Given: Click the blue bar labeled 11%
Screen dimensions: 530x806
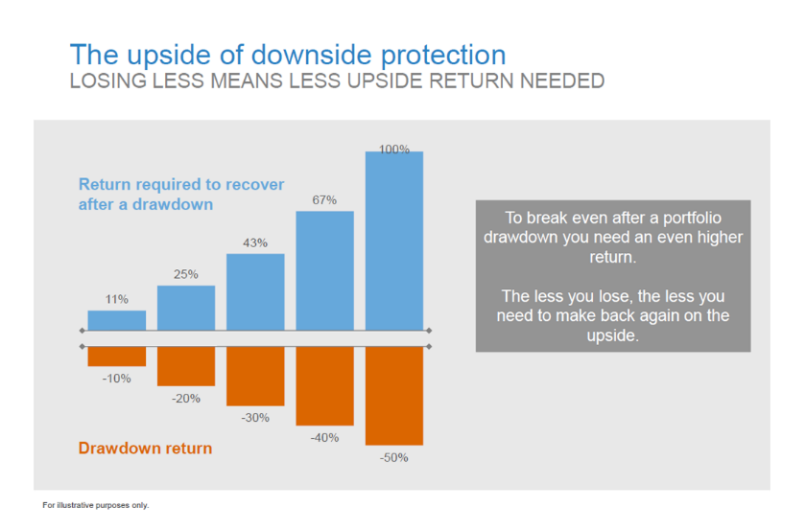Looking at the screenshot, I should tap(117, 320).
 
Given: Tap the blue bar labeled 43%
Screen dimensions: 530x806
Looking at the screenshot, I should tap(255, 291).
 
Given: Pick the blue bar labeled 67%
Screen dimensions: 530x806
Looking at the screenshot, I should tap(324, 270).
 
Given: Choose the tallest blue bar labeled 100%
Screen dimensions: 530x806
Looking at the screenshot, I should tap(393, 241).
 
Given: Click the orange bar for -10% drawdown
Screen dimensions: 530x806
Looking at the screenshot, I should tap(117, 356).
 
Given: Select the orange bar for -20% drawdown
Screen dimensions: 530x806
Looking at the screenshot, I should tap(186, 365).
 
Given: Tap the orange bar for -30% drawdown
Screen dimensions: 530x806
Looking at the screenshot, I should tap(255, 376).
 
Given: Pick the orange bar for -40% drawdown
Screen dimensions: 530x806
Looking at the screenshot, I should tap(324, 385).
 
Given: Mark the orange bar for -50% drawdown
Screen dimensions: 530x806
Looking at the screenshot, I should tap(393, 395).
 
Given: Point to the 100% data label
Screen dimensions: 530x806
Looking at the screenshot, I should tap(393, 150).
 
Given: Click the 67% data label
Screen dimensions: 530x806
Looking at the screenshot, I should tap(324, 200).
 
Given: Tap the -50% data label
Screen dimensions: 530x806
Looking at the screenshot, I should tap(393, 458).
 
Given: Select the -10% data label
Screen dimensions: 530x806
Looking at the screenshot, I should tap(117, 379).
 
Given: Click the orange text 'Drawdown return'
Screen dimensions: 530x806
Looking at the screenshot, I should tap(145, 448).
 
